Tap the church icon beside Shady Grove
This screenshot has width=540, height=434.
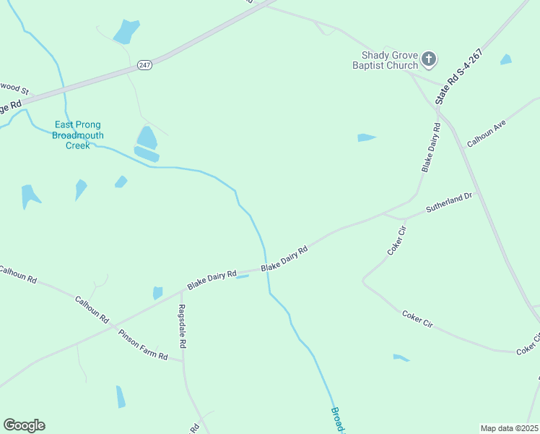click(429, 59)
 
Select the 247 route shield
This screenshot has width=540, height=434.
click(144, 64)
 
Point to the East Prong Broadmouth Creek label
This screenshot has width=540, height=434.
click(79, 135)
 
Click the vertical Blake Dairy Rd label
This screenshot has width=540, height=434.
click(431, 148)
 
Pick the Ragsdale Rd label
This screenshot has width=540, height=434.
click(183, 326)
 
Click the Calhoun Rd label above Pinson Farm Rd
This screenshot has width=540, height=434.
click(92, 309)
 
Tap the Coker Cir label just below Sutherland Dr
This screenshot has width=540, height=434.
click(397, 241)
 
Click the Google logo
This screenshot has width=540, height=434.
click(24, 425)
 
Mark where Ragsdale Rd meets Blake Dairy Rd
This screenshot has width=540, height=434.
click(181, 292)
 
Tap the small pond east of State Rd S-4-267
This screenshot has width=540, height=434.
click(506, 59)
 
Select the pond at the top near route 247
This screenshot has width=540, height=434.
click(126, 31)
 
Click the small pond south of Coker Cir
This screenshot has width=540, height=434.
click(401, 357)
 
